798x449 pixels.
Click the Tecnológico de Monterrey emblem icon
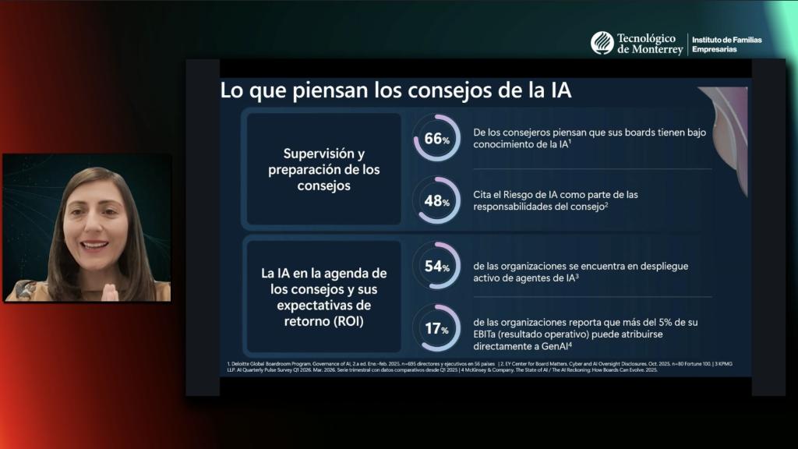coord(601,43)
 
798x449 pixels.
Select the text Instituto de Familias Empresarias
coord(727,44)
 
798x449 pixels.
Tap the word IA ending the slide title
coord(557,90)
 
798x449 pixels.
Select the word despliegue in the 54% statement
coord(661,266)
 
